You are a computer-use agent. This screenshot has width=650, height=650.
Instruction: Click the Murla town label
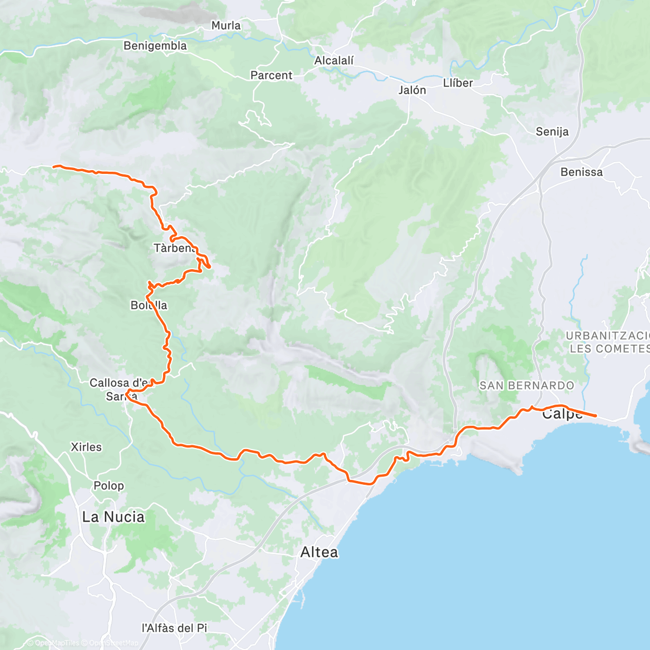pos(226,25)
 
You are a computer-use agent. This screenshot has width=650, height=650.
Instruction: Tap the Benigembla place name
pos(155,46)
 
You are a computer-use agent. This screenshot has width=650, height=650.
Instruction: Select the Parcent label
pos(271,75)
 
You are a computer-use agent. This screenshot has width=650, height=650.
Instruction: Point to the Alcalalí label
pos(334,61)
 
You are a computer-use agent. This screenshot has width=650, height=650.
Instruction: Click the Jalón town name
pos(412,90)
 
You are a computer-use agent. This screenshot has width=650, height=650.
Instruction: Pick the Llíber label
pos(458,83)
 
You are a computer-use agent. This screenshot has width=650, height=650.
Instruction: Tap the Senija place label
pos(552,132)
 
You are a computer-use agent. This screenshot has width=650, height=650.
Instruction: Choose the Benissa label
pos(582,172)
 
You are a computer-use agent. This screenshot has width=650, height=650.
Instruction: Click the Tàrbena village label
pos(174,248)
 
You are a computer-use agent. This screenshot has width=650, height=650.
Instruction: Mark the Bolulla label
pos(149,305)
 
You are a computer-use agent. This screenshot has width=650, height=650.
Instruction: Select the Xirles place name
pos(86,447)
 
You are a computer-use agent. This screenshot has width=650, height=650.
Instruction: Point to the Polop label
pos(109,486)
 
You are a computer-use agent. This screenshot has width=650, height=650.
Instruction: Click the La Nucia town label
pos(113,517)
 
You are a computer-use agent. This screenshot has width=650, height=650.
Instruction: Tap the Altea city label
pos(319,552)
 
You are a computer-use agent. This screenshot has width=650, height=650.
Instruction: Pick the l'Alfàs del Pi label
pos(174,628)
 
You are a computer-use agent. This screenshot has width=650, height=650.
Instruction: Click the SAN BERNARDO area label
pos(526,386)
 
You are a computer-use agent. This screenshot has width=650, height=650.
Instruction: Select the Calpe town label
pos(562,414)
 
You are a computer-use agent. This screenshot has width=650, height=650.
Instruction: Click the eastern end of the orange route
pos(596,415)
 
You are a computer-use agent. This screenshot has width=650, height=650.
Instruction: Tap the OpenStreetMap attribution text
pos(114,643)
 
